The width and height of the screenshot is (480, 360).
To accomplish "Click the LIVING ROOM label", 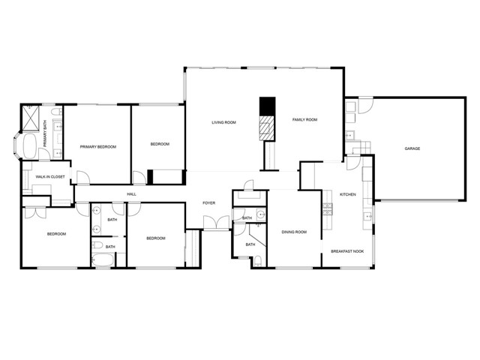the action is click(223, 122).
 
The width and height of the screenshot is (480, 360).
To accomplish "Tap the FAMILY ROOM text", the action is click(304, 120).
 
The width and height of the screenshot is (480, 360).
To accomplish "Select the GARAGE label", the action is click(412, 148).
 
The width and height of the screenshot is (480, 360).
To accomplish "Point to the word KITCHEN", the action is click(348, 194).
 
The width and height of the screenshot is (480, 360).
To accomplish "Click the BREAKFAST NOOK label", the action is click(347, 251).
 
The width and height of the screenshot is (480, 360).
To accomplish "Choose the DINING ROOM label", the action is click(294, 232).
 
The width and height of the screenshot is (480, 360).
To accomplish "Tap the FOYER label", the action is click(209, 203).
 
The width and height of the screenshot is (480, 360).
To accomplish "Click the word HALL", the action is click(132, 194).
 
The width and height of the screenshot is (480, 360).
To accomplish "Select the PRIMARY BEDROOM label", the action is click(98, 147).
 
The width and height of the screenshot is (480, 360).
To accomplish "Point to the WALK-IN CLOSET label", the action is click(50, 177).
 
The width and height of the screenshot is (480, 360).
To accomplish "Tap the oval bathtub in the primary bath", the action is click(30, 145).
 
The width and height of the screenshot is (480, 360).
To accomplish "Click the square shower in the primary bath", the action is click(31, 118).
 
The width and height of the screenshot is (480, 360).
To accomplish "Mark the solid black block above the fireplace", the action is click(267, 106).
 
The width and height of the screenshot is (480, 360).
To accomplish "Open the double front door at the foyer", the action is click(217, 222).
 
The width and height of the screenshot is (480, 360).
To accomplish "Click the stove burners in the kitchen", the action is click(328, 209).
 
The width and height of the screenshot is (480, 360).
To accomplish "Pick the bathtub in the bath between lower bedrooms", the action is click(103, 260).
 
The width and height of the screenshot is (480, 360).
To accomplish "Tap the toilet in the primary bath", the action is click(55, 112).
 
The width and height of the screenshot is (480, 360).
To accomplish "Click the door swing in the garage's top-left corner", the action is click(365, 106).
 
